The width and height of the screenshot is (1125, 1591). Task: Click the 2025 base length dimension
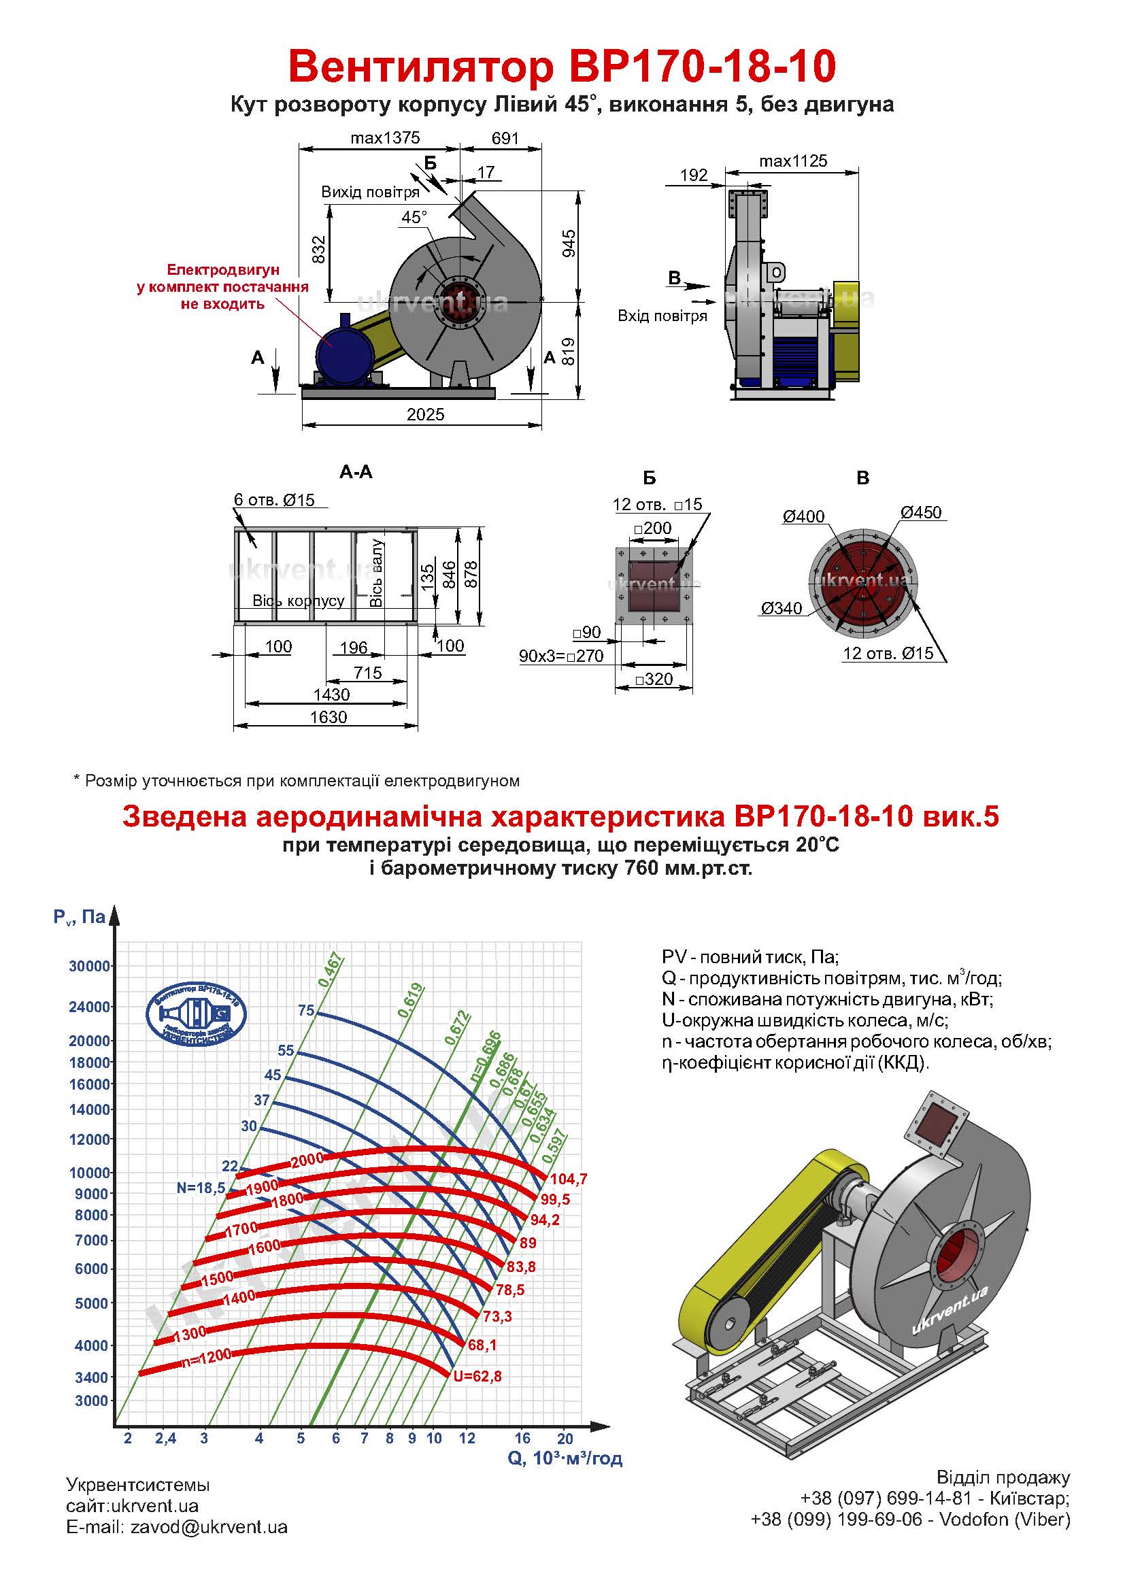click(425, 414)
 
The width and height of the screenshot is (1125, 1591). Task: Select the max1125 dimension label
click(793, 161)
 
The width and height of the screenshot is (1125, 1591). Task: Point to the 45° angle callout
click(414, 217)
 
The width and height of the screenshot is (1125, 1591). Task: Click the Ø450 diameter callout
click(922, 512)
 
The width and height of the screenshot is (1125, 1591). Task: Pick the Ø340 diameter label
click(782, 608)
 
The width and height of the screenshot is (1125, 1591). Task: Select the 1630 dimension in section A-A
click(329, 716)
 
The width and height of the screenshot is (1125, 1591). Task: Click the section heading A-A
click(356, 472)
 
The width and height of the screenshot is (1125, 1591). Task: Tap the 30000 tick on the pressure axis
click(89, 966)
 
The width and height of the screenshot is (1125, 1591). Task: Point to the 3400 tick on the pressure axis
click(92, 1377)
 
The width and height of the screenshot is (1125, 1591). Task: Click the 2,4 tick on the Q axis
click(165, 1438)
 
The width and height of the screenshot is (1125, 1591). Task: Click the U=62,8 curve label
click(477, 1376)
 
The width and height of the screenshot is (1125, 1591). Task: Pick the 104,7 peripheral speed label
click(569, 1178)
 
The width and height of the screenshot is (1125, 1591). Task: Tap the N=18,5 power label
click(201, 1187)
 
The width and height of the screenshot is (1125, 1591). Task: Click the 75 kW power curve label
click(306, 1010)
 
